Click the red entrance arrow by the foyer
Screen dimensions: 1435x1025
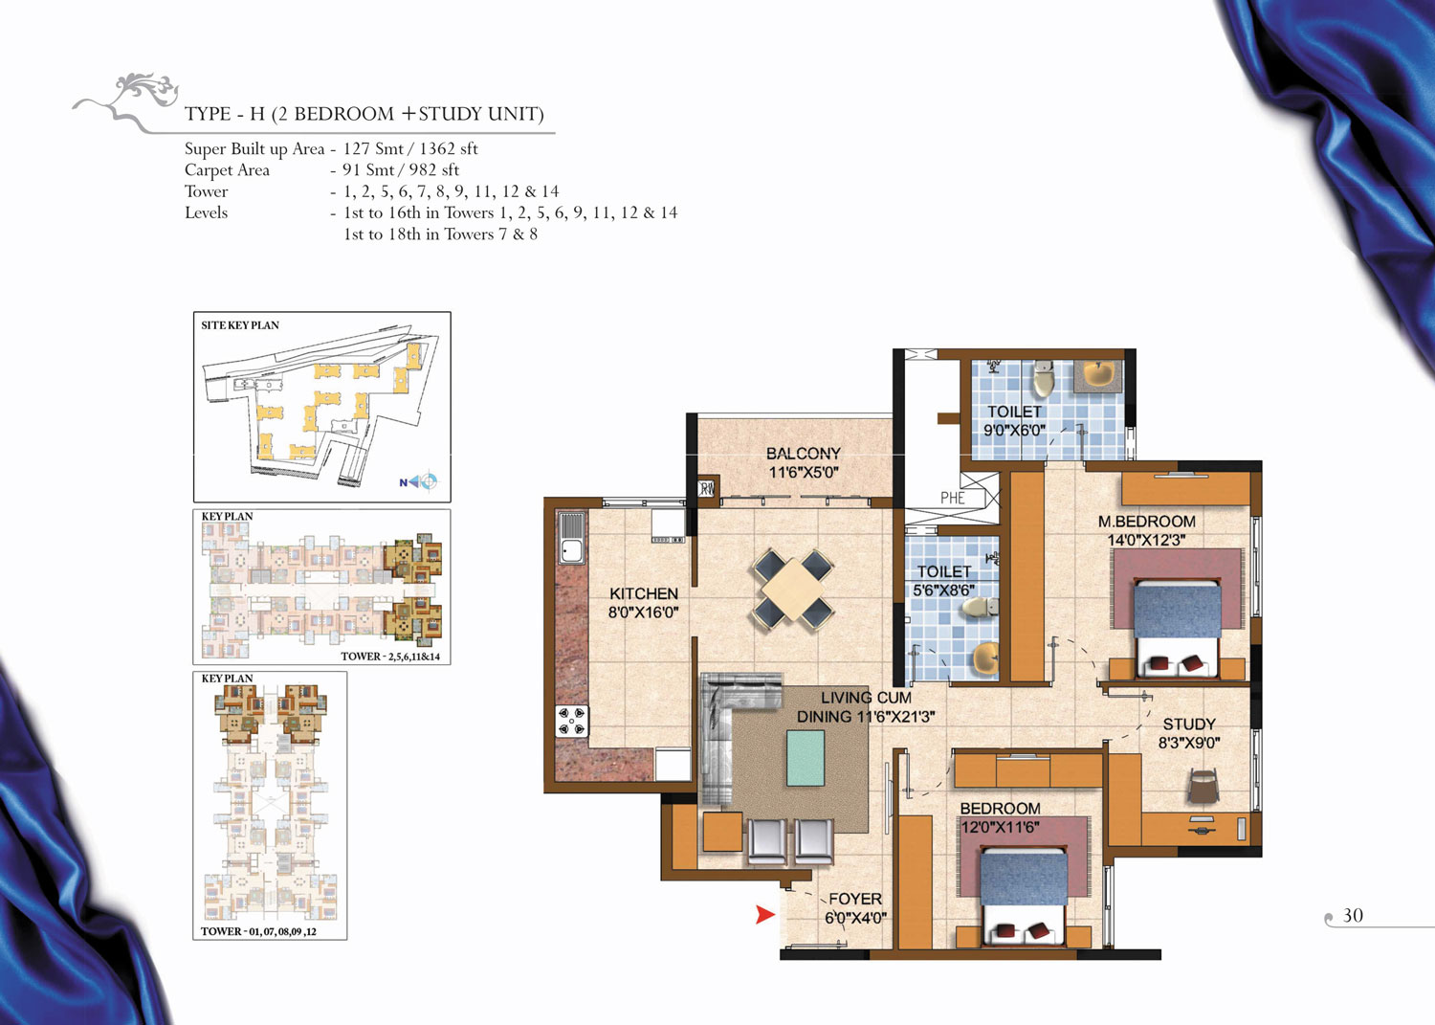[765, 915]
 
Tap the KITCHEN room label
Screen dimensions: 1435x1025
[643, 593]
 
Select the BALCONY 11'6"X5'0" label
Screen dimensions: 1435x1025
[804, 463]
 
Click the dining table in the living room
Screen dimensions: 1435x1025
[793, 590]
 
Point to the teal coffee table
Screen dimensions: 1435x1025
[806, 758]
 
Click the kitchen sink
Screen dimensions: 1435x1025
[571, 538]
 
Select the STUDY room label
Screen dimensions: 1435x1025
[1189, 724]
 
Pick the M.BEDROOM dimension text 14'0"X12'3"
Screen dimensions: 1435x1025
[1147, 541]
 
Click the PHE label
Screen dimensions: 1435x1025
[952, 498]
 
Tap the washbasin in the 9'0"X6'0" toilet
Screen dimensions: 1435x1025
[1098, 375]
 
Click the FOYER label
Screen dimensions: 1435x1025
[855, 899]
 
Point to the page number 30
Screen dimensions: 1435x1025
[1353, 915]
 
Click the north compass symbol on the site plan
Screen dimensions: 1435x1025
[419, 480]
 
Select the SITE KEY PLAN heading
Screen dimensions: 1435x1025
[240, 325]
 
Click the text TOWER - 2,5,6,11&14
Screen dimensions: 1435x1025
[390, 657]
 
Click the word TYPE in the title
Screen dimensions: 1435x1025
[208, 114]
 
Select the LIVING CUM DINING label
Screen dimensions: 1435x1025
[866, 707]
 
